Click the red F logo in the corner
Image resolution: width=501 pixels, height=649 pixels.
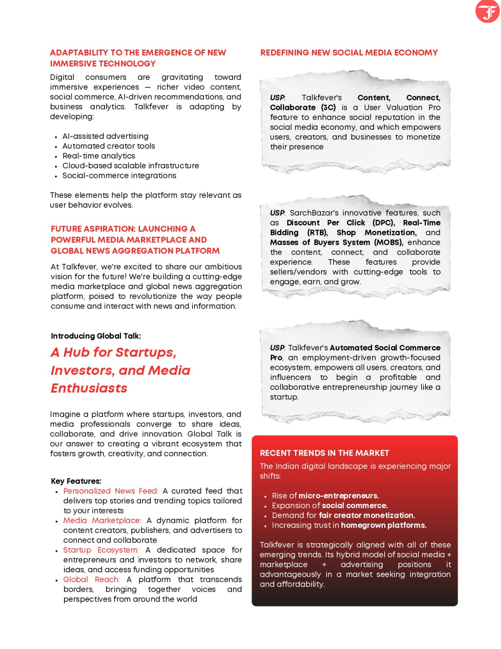pyautogui.click(x=487, y=11)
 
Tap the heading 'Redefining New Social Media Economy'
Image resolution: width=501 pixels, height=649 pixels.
pyautogui.click(x=349, y=53)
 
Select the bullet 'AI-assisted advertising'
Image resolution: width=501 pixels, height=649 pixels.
pyautogui.click(x=105, y=136)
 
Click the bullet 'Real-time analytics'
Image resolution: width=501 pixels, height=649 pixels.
pyautogui.click(x=98, y=156)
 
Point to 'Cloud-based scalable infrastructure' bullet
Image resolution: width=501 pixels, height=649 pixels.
pyautogui.click(x=131, y=166)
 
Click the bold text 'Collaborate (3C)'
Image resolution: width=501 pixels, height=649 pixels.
pyautogui.click(x=303, y=107)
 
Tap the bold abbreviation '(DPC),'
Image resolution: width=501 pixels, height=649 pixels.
pyautogui.click(x=383, y=223)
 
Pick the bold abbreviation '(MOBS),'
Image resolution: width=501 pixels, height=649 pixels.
pyautogui.click(x=388, y=243)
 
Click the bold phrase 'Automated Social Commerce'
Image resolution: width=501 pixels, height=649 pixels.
pyautogui.click(x=385, y=348)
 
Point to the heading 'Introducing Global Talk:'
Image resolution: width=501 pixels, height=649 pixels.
pyautogui.click(x=96, y=336)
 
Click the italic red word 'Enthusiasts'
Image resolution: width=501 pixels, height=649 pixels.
pyautogui.click(x=89, y=388)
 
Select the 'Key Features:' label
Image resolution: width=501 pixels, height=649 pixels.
pyautogui.click(x=76, y=481)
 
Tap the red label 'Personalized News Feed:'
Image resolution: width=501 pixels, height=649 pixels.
pyautogui.click(x=110, y=491)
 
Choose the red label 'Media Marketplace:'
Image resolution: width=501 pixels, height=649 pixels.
pyautogui.click(x=102, y=521)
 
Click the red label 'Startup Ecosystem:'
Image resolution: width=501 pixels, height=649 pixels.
pyautogui.click(x=101, y=550)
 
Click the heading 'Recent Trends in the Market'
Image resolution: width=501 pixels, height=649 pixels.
pyautogui.click(x=324, y=453)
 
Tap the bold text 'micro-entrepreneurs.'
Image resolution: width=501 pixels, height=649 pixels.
pyautogui.click(x=338, y=496)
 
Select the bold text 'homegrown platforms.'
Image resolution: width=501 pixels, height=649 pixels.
pyautogui.click(x=383, y=526)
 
